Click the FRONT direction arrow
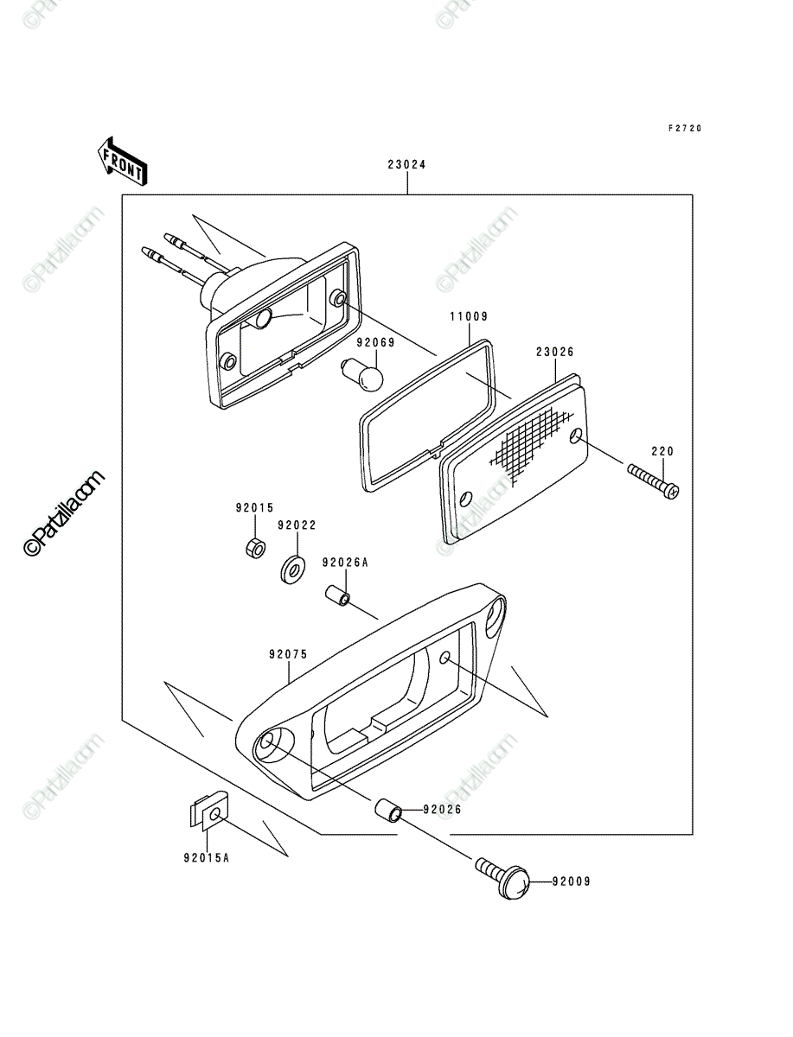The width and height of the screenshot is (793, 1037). click(122, 162)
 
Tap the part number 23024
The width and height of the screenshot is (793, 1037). click(407, 164)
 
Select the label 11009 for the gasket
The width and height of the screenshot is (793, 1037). click(469, 316)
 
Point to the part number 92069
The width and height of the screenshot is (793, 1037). click(375, 342)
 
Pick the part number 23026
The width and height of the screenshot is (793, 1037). click(555, 352)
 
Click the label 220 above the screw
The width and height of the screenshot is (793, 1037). click(662, 451)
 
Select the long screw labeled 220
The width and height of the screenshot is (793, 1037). click(653, 482)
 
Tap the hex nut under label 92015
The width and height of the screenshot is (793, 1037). click(255, 548)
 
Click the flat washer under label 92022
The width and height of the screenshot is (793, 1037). click(292, 570)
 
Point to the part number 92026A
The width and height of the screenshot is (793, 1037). click(345, 563)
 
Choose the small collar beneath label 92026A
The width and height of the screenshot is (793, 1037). click(337, 595)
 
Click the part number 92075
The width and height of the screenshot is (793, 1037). click(288, 654)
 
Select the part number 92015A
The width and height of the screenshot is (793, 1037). click(207, 857)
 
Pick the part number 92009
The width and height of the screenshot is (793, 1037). click(572, 881)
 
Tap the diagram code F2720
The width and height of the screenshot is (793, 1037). click(685, 128)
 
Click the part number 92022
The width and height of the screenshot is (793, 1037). click(297, 525)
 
